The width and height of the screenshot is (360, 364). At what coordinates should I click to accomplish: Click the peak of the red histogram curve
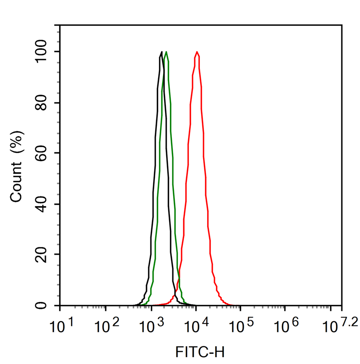coord(197,52)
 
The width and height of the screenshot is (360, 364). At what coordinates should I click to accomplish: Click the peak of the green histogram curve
coord(166,52)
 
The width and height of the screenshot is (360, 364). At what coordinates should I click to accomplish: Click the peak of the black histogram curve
coord(162,52)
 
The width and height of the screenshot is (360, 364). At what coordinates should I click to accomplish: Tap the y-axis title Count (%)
coord(17,166)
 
